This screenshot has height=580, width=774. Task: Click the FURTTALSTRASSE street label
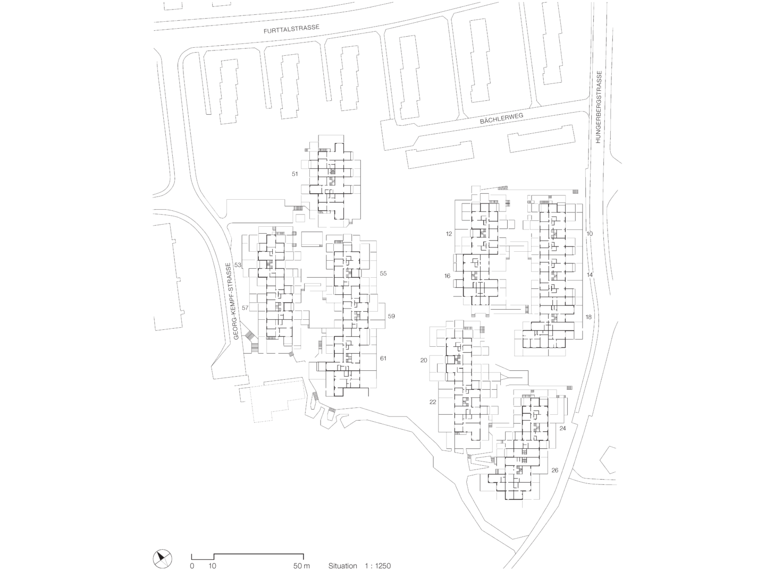[x=291, y=31]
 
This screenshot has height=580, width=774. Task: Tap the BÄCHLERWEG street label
[x=494, y=121]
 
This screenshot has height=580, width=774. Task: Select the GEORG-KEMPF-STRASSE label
[x=231, y=301]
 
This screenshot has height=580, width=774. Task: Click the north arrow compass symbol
[x=163, y=558]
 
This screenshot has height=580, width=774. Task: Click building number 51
[x=295, y=174]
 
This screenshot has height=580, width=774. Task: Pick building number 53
[x=238, y=265]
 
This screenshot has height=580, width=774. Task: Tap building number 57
[x=245, y=308]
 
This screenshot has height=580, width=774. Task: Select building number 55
[x=383, y=274]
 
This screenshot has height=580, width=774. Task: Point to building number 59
[x=391, y=316]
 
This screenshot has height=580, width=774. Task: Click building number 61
[x=383, y=359]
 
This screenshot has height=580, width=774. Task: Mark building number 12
[x=449, y=234]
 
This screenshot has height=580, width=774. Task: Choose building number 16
[x=447, y=276]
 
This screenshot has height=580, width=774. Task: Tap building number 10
[x=589, y=234]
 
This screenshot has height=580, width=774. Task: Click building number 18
[x=588, y=317]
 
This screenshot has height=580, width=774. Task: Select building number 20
[x=424, y=360]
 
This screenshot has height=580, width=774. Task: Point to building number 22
[x=433, y=402]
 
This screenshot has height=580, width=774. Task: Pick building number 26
[x=555, y=471]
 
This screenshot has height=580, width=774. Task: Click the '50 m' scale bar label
[x=301, y=566]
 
